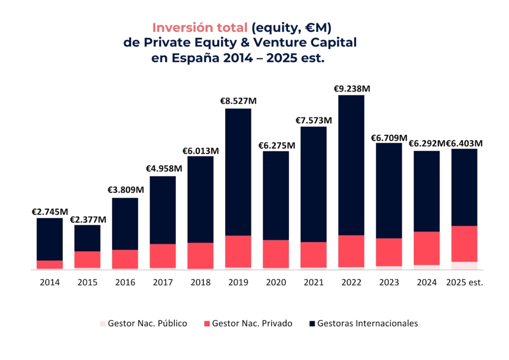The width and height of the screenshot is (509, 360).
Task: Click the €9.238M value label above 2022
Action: pos(352,89)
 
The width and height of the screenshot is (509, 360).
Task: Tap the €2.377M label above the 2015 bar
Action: pos(87,219)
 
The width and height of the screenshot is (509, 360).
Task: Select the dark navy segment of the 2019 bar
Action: pos(238,172)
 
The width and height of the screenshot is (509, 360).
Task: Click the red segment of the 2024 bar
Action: pos(427,248)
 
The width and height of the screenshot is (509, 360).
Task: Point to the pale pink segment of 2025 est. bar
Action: pos(464,266)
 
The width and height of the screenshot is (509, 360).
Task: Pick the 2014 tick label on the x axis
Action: pos(50,282)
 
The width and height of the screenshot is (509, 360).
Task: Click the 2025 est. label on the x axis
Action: pos(464,282)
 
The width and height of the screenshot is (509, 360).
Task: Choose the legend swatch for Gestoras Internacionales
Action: pos(312,324)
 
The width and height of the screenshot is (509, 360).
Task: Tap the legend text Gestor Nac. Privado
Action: pos(252,323)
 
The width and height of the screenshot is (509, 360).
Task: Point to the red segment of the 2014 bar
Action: pos(50,265)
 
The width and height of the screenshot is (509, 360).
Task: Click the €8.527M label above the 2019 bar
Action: pos(238,101)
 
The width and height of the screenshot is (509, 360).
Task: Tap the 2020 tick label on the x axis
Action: pos(276,282)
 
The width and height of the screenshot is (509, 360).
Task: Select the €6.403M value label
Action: pos(464,144)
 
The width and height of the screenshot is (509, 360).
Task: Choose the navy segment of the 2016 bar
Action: pos(125,224)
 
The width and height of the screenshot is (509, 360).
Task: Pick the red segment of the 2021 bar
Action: pos(314,255)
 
